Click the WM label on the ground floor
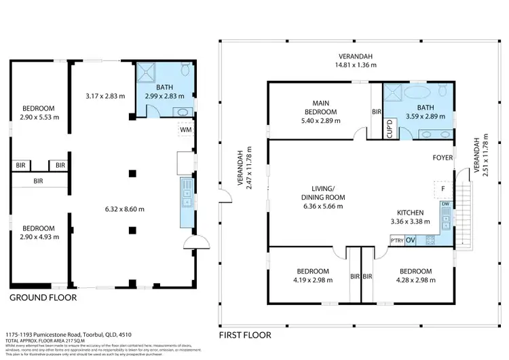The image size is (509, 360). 185,130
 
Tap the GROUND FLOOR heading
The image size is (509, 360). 43,298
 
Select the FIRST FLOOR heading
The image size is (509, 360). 245,335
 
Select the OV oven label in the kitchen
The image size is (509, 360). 411,240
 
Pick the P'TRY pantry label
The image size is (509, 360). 397,240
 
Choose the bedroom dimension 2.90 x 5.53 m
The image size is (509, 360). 38,117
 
